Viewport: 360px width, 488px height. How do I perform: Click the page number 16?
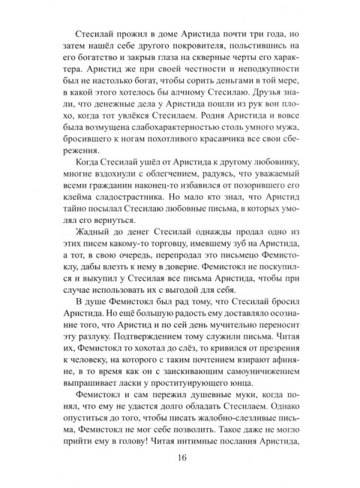[179, 460]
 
